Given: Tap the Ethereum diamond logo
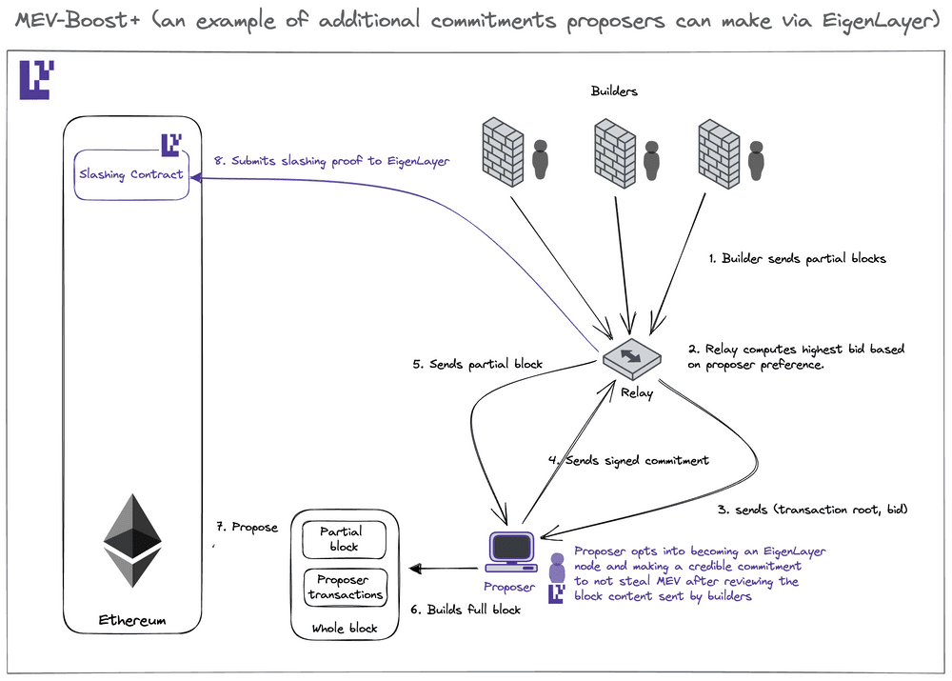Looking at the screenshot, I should click(132, 540).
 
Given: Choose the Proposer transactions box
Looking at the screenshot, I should click(344, 587).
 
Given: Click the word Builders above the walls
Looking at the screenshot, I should click(614, 91).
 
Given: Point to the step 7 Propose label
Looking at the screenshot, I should click(247, 527).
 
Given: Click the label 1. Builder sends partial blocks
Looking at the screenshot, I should click(798, 258).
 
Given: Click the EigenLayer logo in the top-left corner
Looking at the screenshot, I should click(37, 80).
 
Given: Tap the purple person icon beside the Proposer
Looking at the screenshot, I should click(557, 568).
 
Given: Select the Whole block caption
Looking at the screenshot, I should click(344, 628).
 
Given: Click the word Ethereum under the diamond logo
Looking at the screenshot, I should click(132, 620).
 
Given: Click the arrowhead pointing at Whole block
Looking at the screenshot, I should click(414, 570).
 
